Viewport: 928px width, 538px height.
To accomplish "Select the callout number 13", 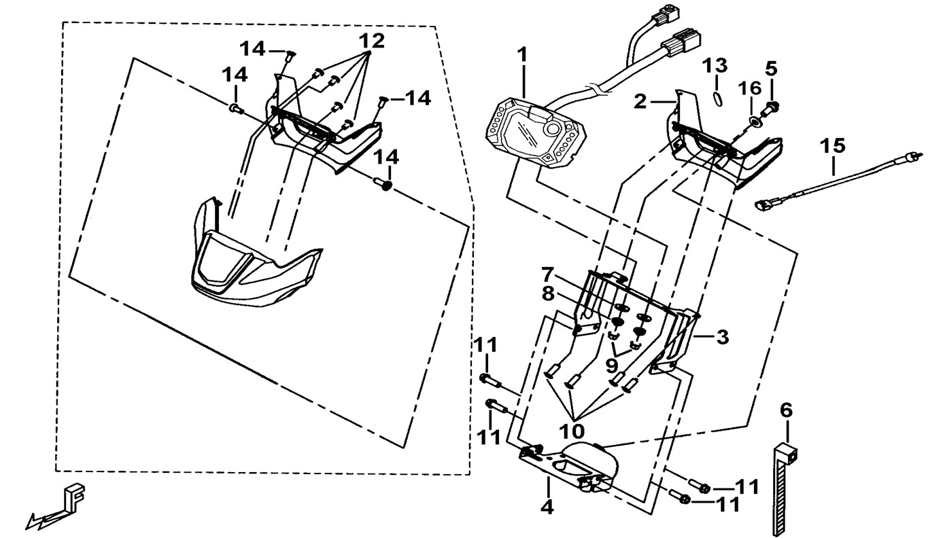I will click(x=715, y=66).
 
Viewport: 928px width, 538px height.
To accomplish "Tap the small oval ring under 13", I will click(x=715, y=96).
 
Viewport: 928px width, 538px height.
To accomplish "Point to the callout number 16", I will click(x=749, y=88).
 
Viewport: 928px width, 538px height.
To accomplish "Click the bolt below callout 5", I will click(x=772, y=106).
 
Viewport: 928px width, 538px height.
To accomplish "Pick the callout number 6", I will click(x=786, y=410).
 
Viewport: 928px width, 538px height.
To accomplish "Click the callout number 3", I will click(x=721, y=336).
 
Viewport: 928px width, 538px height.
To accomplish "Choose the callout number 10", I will click(x=572, y=431).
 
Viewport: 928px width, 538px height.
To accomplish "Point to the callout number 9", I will click(x=611, y=365).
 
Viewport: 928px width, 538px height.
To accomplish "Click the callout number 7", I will click(x=547, y=274).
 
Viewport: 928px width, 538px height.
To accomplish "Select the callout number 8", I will click(x=547, y=295).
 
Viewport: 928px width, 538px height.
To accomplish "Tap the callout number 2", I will click(x=639, y=103).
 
